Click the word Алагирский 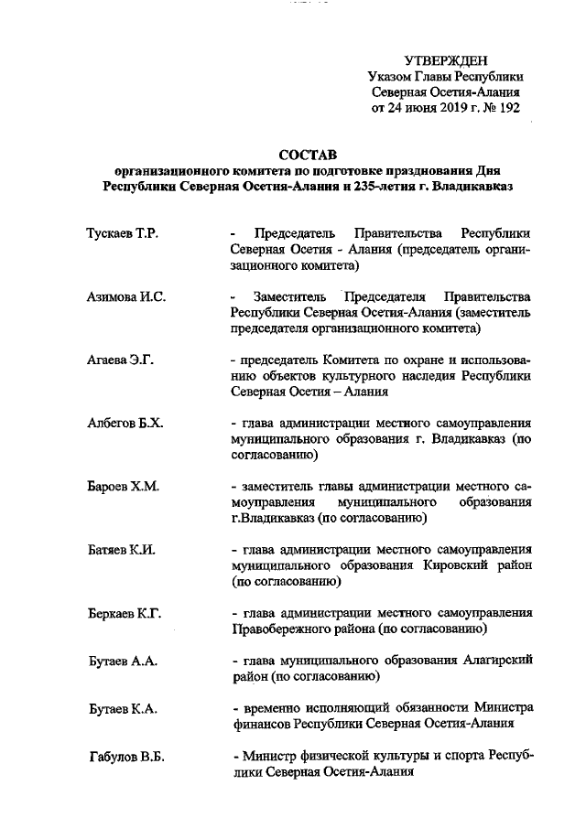[494, 660]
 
